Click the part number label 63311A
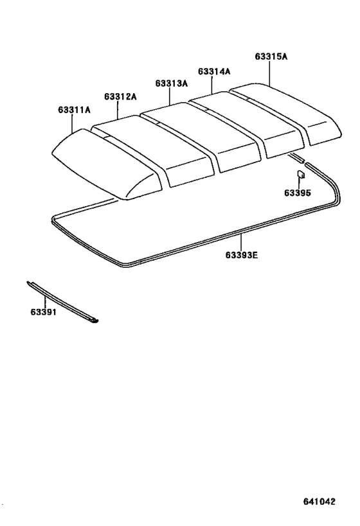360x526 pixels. click(74, 110)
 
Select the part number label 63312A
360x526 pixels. click(120, 96)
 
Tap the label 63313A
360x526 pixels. click(171, 83)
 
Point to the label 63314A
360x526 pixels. click(214, 71)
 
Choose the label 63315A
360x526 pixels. click(271, 57)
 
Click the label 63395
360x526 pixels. click(298, 193)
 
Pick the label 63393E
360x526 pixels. click(242, 255)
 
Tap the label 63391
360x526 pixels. click(44, 312)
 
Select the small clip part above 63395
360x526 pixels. click(301, 175)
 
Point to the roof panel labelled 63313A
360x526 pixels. click(201, 137)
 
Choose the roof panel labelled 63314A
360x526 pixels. click(247, 124)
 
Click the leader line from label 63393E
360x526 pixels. click(241, 242)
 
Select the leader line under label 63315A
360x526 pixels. click(269, 73)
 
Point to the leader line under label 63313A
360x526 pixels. click(170, 96)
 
